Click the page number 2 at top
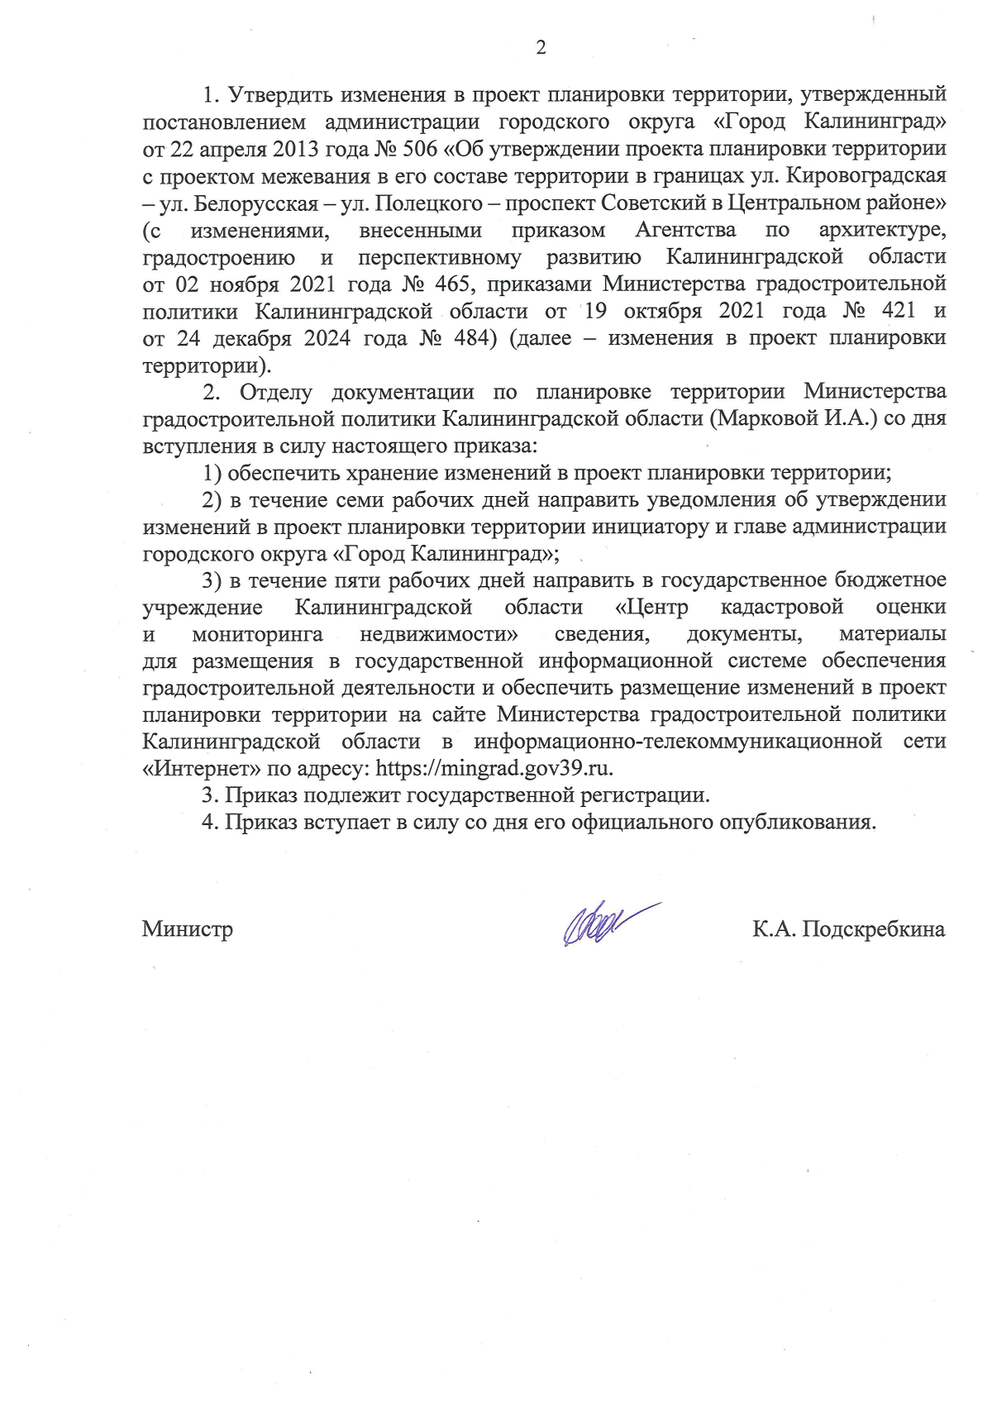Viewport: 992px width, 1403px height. (541, 48)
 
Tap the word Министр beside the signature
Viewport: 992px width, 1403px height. (188, 929)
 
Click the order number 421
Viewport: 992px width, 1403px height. (899, 311)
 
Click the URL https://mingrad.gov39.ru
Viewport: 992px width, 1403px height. (494, 768)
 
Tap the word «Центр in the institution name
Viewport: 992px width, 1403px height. (651, 607)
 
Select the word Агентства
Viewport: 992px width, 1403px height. (685, 230)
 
